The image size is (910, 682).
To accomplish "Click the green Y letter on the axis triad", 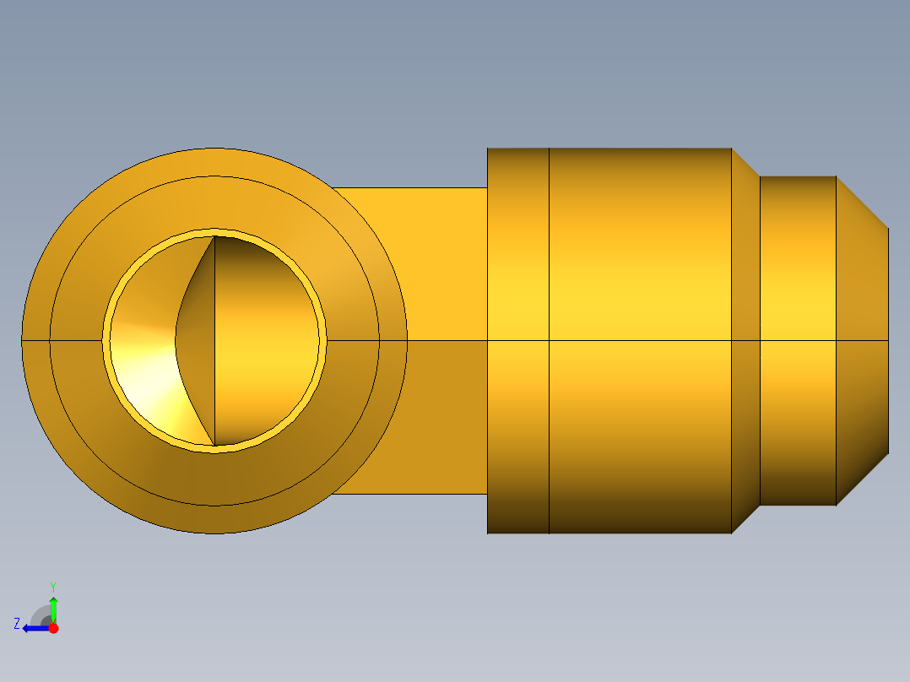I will click(52, 586).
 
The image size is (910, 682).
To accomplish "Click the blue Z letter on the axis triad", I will click(16, 624).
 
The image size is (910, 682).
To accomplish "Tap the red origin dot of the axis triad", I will click(54, 628).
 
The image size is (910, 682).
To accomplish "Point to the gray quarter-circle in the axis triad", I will click(41, 615).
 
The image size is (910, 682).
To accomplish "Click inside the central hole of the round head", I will click(262, 355).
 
